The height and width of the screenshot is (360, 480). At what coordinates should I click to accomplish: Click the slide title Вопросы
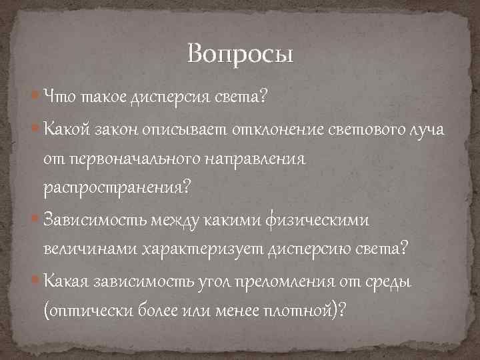click(x=240, y=53)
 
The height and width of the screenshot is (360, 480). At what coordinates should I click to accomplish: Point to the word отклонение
click(x=277, y=129)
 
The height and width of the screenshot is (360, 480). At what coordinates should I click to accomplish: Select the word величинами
click(x=87, y=248)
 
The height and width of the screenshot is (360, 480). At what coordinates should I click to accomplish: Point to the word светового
click(x=361, y=129)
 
